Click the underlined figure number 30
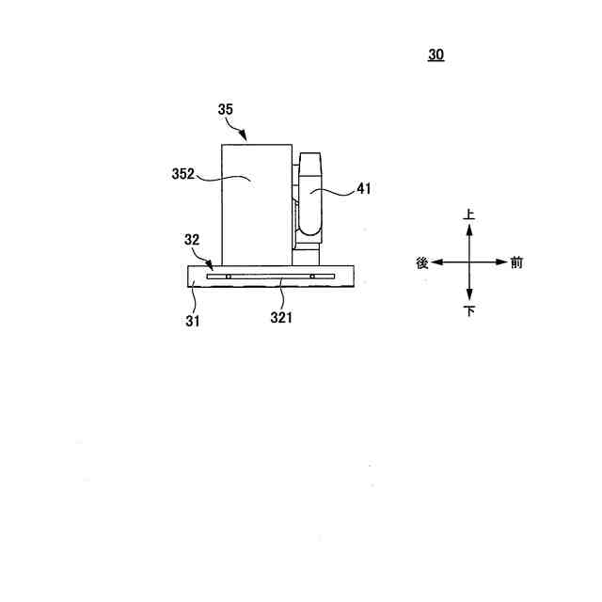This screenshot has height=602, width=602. click(436, 55)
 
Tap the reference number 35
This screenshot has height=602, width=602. click(226, 109)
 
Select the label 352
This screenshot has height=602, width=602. click(183, 174)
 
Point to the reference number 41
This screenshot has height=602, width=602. click(364, 188)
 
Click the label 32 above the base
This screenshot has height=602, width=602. click(192, 240)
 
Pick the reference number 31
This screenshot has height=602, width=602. click(193, 321)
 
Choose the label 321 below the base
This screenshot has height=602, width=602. click(281, 318)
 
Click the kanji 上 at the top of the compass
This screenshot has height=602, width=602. click(468, 214)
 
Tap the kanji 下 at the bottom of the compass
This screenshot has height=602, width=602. click(469, 310)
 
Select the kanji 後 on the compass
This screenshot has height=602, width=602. click(422, 263)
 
